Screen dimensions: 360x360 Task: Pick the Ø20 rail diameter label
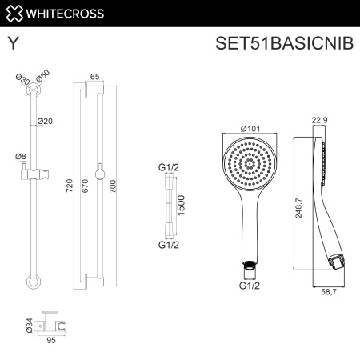pyautogui.click(x=46, y=122)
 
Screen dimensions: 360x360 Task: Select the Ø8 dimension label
pyautogui.click(x=21, y=157)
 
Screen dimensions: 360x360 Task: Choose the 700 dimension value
pyautogui.click(x=113, y=186)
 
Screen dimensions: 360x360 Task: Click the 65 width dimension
pyautogui.click(x=94, y=77)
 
